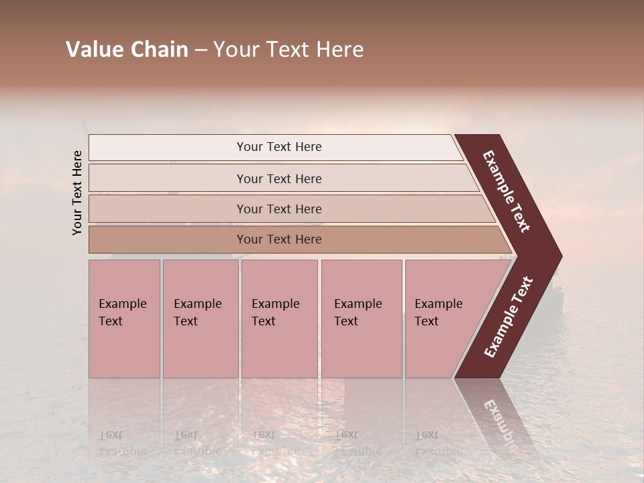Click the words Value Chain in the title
[127, 50]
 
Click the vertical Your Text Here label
[77, 193]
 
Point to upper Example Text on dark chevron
[507, 192]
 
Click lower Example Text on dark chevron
[508, 317]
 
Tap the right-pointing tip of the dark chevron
[556, 256]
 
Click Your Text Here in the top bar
[279, 147]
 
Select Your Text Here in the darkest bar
[279, 239]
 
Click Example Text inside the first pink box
[122, 312]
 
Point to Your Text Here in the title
[288, 50]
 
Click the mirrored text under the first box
[122, 443]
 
